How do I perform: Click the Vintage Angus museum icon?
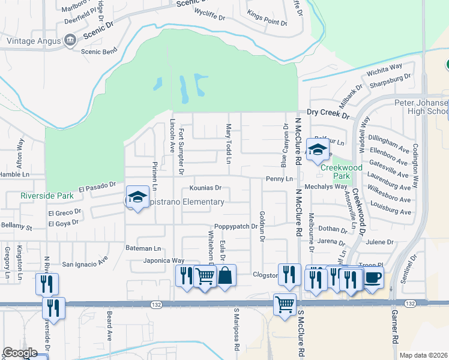(x=70, y=41)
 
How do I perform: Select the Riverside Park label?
(x=47, y=196)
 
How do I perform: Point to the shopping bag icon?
(x=225, y=276)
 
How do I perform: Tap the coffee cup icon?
(x=373, y=278)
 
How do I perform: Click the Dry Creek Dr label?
(x=327, y=112)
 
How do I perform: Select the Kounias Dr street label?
(x=206, y=188)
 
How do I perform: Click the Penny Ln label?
(x=279, y=179)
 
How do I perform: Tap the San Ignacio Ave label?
(x=85, y=262)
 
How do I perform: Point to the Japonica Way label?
(x=163, y=260)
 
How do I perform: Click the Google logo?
(x=20, y=353)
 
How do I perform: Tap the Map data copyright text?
(x=424, y=355)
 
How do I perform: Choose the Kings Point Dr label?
(x=267, y=22)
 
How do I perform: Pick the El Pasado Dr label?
(x=97, y=187)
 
